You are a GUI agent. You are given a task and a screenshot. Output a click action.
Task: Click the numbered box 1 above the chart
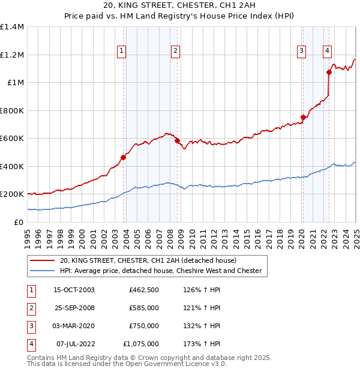point(121,51)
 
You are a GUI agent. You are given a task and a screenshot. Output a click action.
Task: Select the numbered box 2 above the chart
point(175,51)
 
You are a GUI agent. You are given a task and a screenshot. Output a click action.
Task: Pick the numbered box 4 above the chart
point(328,51)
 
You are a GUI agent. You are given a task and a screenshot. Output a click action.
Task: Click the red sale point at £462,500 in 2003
point(123,158)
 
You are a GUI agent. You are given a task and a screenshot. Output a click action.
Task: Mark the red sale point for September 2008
point(178,141)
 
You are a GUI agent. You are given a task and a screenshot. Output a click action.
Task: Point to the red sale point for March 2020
point(303,118)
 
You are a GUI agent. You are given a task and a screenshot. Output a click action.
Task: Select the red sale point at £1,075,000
point(329,73)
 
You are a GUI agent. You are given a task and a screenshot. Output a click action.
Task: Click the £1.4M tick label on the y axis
point(12,27)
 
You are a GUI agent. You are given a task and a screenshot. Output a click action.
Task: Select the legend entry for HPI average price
point(160,271)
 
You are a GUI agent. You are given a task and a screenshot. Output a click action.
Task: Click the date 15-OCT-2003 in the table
point(74,290)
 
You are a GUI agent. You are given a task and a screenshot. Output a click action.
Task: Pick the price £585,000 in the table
point(144,308)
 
